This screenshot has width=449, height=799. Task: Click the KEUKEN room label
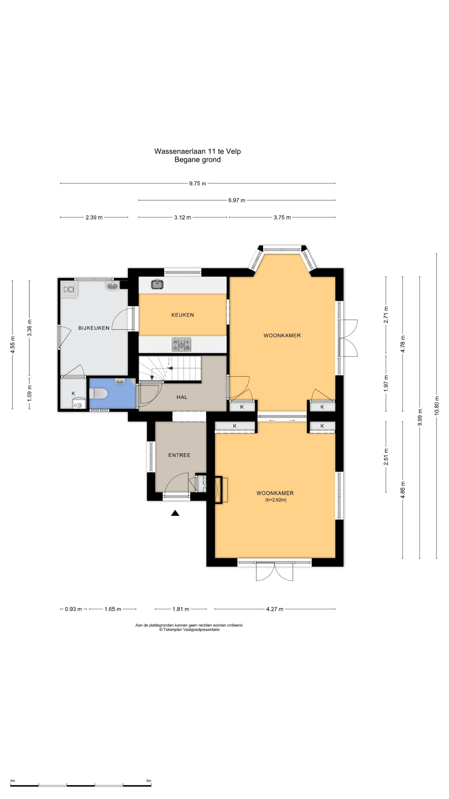(x=182, y=315)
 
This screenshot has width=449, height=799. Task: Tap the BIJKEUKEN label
(x=94, y=328)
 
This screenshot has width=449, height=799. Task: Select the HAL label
(x=182, y=397)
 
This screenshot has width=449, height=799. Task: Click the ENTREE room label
(x=179, y=455)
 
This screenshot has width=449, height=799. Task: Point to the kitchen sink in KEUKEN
(x=157, y=284)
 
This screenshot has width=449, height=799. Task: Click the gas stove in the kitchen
(x=181, y=345)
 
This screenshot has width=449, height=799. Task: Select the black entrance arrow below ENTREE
(x=175, y=513)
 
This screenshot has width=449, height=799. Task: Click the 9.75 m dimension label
(x=198, y=184)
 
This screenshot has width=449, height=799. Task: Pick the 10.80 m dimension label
(x=437, y=405)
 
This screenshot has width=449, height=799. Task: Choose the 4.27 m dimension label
(x=275, y=609)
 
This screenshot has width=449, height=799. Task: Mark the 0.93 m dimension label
(x=74, y=609)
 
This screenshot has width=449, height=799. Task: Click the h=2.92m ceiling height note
(x=276, y=500)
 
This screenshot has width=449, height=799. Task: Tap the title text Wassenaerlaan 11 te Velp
(x=198, y=151)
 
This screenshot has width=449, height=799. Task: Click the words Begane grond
(x=198, y=160)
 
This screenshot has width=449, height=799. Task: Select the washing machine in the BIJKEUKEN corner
(x=69, y=289)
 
